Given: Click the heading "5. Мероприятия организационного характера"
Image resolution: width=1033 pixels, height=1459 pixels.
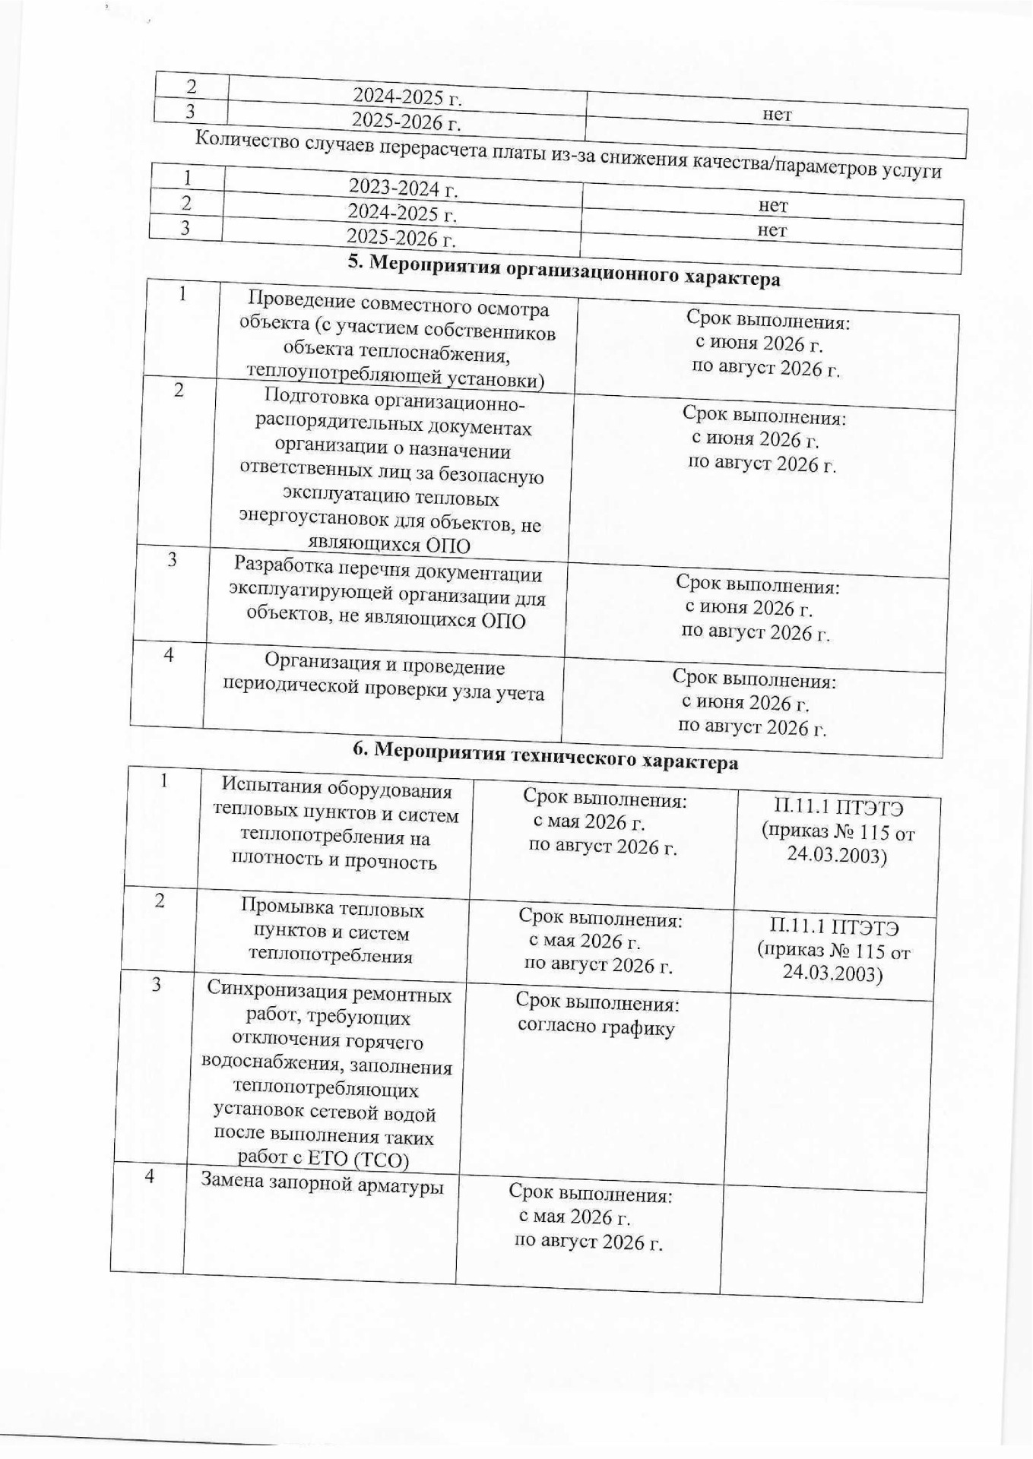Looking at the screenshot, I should [x=563, y=270].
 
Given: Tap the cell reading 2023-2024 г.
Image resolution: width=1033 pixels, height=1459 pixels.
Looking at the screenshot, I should [x=402, y=185].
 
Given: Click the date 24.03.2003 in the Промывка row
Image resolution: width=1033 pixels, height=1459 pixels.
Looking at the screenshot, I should [x=832, y=973].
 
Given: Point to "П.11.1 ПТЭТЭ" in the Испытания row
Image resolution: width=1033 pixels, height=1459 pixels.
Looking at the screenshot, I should [x=838, y=807].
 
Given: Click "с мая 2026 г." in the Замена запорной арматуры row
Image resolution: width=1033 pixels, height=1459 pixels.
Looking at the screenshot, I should [x=575, y=1217].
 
